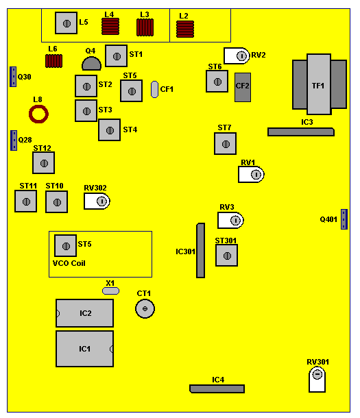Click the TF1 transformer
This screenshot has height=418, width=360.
point(320,84)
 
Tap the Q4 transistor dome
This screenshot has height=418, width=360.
point(91,64)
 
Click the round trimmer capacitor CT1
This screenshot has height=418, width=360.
point(145,308)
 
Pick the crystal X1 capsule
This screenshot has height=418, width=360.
point(110,291)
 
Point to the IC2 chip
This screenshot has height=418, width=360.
point(84,313)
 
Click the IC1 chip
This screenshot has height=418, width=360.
point(84,349)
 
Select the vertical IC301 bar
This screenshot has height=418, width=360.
point(200,251)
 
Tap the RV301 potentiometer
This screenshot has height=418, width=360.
point(317,380)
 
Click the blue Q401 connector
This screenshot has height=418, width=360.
point(344,219)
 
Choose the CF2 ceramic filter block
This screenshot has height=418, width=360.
point(243,87)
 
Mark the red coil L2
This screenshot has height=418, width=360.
point(185,29)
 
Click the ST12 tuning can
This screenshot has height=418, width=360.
point(43,163)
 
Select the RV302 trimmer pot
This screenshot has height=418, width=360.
point(97,201)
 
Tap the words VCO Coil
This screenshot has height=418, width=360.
point(69,263)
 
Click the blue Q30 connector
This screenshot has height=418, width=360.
point(13,77)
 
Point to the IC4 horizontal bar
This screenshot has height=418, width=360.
point(217,389)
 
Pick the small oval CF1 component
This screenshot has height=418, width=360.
point(154,89)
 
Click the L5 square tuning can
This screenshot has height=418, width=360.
point(66,23)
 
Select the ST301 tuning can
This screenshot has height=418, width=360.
point(226,256)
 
